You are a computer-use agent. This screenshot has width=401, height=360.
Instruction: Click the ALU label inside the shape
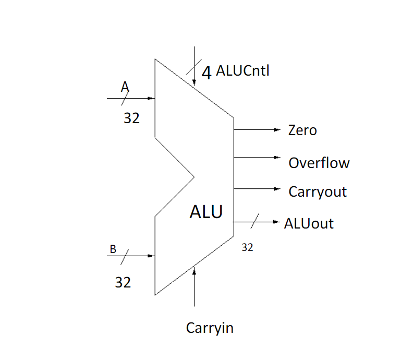206,212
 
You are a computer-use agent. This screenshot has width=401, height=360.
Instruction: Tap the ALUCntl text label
242,71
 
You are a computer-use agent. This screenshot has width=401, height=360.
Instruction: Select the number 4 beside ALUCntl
206,73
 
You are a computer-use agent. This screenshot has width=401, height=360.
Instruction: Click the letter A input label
125,87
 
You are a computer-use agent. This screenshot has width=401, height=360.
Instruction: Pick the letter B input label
113,249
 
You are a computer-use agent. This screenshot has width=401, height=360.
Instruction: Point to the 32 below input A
131,118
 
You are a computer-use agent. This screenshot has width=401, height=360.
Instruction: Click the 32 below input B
123,282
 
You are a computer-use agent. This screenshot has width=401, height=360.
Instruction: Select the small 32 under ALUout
247,248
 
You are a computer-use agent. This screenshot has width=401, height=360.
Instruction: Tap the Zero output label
302,130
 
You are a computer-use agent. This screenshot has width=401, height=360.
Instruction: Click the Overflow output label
319,163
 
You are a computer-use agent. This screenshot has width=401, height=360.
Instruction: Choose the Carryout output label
318,191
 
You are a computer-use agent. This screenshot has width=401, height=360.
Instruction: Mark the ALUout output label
309,224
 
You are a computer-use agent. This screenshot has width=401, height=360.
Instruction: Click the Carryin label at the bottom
210,328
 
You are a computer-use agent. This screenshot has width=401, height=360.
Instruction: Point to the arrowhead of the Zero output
278,129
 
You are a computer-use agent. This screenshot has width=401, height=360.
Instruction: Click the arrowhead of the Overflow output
278,158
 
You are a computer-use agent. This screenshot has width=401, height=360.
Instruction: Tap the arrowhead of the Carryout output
278,188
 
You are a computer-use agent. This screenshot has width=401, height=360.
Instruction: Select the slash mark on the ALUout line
254,222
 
